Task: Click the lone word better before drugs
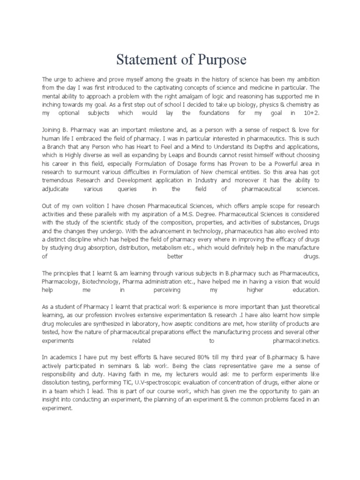tap(175, 257)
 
